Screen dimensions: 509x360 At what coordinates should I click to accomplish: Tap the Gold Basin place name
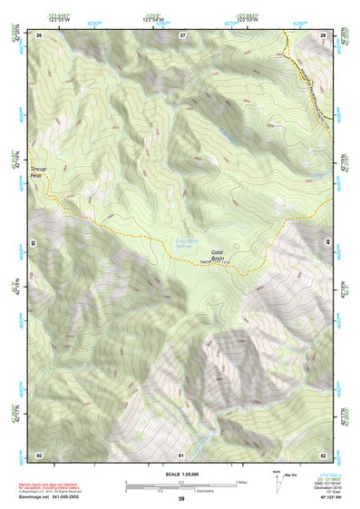point(218,255)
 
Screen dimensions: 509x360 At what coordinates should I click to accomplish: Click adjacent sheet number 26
point(40,34)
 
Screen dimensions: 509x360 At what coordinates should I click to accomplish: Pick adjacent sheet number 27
point(182,34)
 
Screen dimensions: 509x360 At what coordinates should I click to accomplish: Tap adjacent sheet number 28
point(322,34)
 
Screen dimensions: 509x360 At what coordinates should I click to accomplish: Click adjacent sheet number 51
point(181,454)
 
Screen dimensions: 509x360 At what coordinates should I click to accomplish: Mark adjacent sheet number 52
point(322,454)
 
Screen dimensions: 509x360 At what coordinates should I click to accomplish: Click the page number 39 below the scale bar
point(181,499)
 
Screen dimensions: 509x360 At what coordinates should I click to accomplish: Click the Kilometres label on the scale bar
point(222,492)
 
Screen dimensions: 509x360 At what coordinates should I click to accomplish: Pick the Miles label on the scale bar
point(241,482)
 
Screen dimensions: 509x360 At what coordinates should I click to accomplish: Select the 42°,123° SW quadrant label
point(327,497)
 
